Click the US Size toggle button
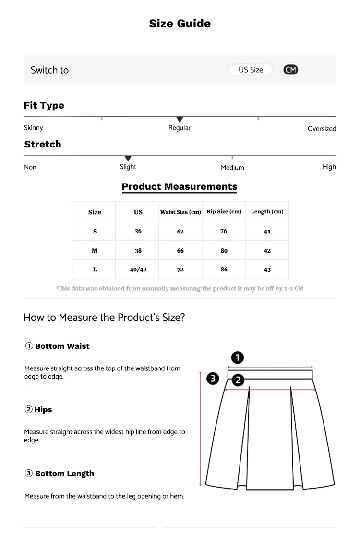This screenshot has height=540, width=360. pyautogui.click(x=251, y=70)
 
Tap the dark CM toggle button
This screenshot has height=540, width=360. pyautogui.click(x=290, y=70)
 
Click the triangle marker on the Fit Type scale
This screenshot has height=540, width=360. pyautogui.click(x=180, y=120)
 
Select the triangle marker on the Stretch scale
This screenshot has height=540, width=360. pyautogui.click(x=128, y=159)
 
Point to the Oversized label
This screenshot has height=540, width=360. pyautogui.click(x=322, y=128)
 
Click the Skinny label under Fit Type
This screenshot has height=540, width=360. pyautogui.click(x=34, y=127)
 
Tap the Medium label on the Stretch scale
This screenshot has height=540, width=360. pyautogui.click(x=232, y=167)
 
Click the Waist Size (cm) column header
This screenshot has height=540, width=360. pyautogui.click(x=180, y=212)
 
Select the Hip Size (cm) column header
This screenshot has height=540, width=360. pyautogui.click(x=224, y=211)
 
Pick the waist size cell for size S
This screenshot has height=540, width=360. pyautogui.click(x=180, y=232)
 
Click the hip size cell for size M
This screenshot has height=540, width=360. pyautogui.click(x=224, y=251)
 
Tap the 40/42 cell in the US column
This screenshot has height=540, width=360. pyautogui.click(x=138, y=270)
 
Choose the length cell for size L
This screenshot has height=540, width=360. pyautogui.click(x=267, y=270)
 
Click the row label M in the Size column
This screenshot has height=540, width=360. pyautogui.click(x=95, y=251)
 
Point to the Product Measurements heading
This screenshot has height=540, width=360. pyautogui.click(x=180, y=186)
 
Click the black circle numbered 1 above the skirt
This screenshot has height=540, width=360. pyautogui.click(x=238, y=357)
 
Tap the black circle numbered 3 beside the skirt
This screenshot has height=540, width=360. pyautogui.click(x=213, y=379)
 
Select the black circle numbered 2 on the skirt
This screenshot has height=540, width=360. pyautogui.click(x=238, y=380)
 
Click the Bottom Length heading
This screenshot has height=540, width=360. pyautogui.click(x=64, y=474)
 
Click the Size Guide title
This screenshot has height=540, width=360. pyautogui.click(x=180, y=24)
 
